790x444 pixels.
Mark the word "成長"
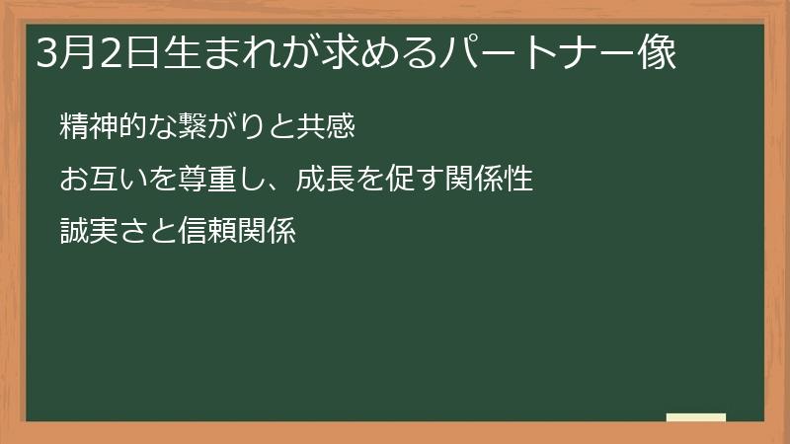[325, 182]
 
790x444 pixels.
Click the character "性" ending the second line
[517, 182]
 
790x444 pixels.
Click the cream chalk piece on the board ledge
[695, 417]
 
